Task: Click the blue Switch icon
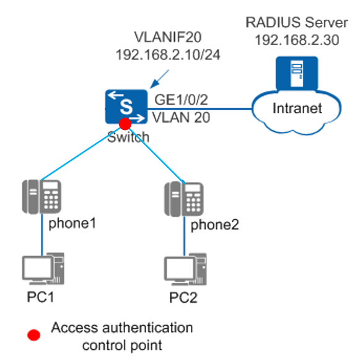pos(126,107)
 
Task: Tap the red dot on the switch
pos(125,124)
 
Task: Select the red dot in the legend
pos(34,335)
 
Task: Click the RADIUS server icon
pos(297,73)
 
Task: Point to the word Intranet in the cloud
pos(297,108)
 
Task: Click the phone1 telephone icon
pos(42,197)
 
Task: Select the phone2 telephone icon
pos(184,199)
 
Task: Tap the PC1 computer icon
pos(43,269)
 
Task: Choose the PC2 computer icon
pos(185,269)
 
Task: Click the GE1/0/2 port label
pos(181,100)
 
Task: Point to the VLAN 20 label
pos(181,118)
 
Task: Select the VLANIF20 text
pos(168,37)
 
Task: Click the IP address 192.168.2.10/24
pos(168,54)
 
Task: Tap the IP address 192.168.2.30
pos(297,40)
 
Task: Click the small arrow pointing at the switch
pos(159,79)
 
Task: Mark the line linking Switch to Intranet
pos(200,108)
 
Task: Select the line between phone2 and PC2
pos(184,236)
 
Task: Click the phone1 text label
pos(72,224)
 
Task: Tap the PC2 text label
pos(183,297)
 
